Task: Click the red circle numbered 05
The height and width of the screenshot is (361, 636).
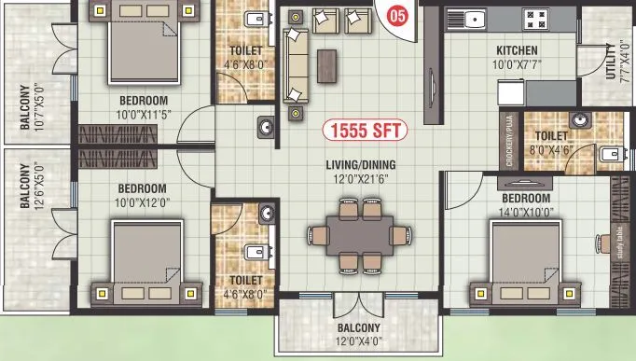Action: [397, 16]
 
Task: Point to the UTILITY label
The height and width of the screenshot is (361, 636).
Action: [612, 62]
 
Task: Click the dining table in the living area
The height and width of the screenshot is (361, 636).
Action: [360, 235]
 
